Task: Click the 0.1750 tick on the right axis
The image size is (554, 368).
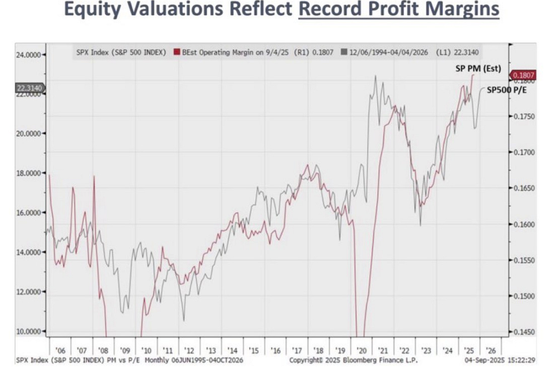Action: pyautogui.click(x=524, y=116)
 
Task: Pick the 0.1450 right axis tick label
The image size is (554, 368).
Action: pyautogui.click(x=524, y=332)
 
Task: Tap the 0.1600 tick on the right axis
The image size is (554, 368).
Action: pyautogui.click(x=524, y=224)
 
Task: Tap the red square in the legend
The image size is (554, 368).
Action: pyautogui.click(x=176, y=52)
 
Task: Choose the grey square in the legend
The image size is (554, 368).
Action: pyautogui.click(x=344, y=52)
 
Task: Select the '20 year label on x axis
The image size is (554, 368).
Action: pyautogui.click(x=361, y=350)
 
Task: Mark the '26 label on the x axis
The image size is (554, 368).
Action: pyautogui.click(x=490, y=350)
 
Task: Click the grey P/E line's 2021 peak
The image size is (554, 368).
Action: pyautogui.click(x=375, y=77)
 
